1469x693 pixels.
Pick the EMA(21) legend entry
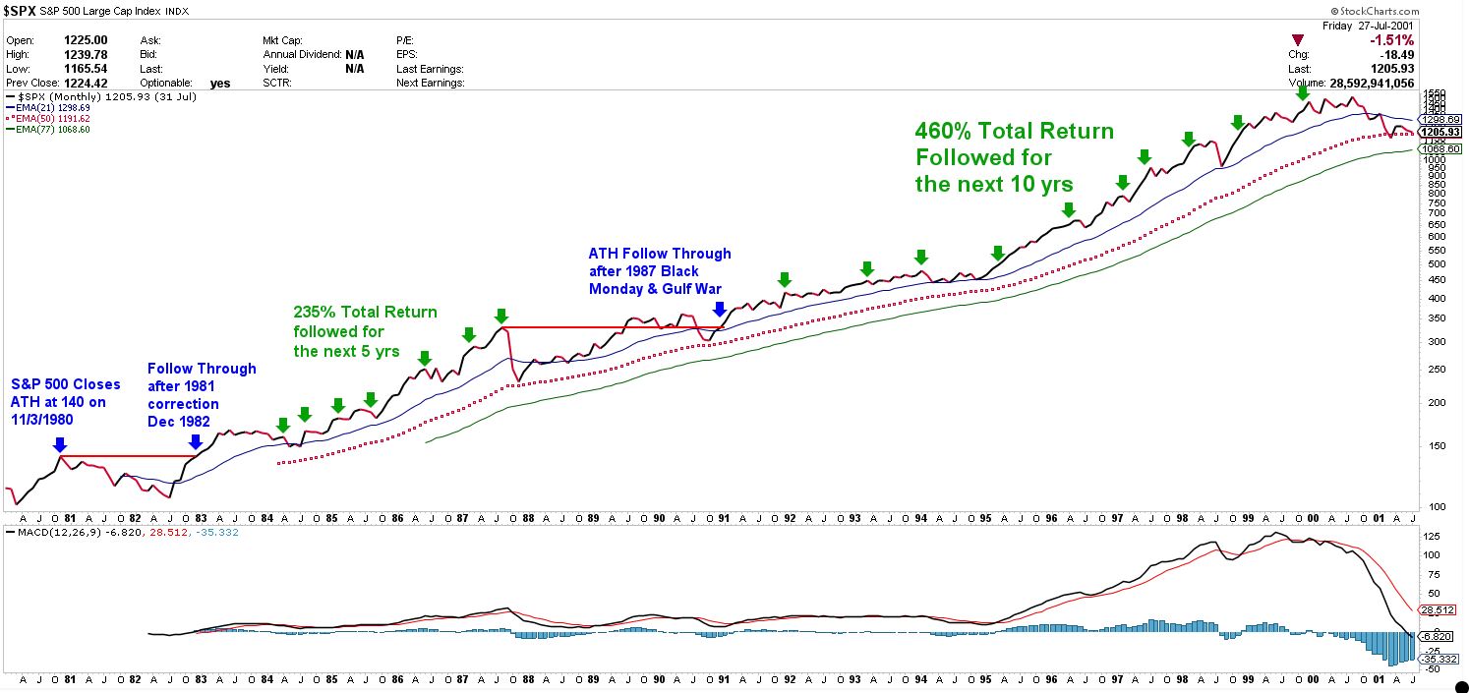pos(48,108)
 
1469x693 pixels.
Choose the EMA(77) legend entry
pos(48,130)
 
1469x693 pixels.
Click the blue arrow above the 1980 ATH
pos(59,444)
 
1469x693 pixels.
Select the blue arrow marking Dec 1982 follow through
pos(195,442)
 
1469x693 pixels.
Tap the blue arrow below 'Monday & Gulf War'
pos(720,309)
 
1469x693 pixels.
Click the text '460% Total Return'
pos(1014,132)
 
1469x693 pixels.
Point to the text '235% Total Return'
pos(365,313)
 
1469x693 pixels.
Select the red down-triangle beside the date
pos(1298,40)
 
